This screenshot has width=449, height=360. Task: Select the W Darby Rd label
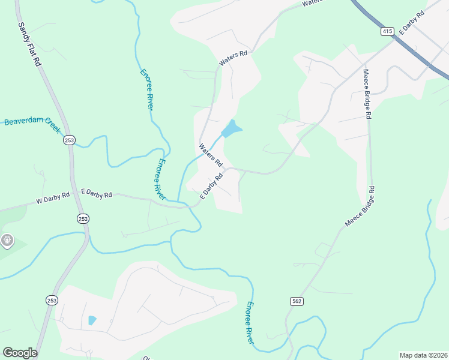tap(53, 197)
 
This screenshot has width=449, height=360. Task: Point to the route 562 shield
tap(296, 301)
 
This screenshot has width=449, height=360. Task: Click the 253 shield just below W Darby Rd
tap(83, 219)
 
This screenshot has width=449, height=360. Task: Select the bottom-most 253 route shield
tap(51, 299)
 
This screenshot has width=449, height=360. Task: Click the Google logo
tap(20, 353)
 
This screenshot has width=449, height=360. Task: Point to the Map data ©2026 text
tap(423, 355)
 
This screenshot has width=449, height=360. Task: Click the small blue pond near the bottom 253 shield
tap(92, 320)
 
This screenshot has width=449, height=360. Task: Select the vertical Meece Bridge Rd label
tap(367, 92)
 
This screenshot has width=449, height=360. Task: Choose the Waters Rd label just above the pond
tap(234, 58)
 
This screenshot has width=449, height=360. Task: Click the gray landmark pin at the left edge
tap(7, 241)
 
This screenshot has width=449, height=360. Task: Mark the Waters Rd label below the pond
tap(211, 155)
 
